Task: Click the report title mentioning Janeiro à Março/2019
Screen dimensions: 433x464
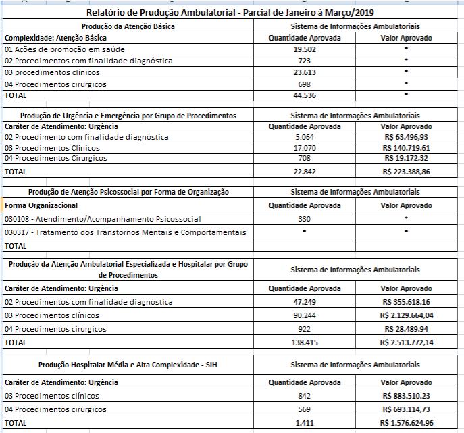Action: pyautogui.click(x=232, y=13)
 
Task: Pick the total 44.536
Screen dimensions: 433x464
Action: pyautogui.click(x=305, y=96)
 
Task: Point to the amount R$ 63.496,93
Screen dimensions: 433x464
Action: pyautogui.click(x=408, y=137)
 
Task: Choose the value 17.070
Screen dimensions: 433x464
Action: pyautogui.click(x=305, y=147)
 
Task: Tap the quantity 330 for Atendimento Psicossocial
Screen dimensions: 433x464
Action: pyautogui.click(x=305, y=219)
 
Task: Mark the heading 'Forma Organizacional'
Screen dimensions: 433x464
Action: pyautogui.click(x=41, y=205)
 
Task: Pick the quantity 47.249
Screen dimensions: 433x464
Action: pyautogui.click(x=305, y=301)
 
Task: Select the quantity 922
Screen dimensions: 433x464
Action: pyautogui.click(x=305, y=329)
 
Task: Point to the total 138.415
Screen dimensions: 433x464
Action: pyautogui.click(x=305, y=342)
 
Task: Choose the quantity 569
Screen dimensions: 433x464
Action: pyautogui.click(x=305, y=409)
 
